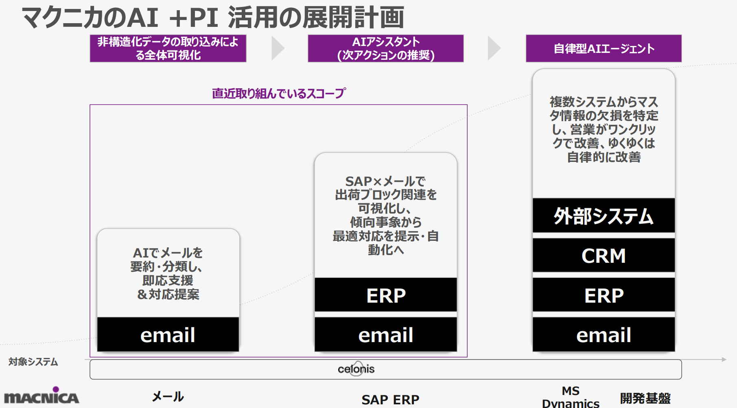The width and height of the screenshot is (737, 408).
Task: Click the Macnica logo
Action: [42, 395]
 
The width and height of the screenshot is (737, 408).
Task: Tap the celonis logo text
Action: [356, 369]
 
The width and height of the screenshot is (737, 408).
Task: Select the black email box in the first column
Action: [168, 334]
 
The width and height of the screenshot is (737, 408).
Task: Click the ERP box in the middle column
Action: [386, 295]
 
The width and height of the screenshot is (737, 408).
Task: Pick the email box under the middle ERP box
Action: [386, 334]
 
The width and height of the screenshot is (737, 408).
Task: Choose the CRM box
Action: [604, 255]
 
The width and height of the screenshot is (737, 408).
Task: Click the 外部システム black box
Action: [604, 215]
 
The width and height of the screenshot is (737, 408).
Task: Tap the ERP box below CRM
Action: [604, 295]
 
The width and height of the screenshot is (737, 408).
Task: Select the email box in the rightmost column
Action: [604, 334]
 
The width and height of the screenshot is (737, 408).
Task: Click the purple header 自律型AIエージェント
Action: [604, 48]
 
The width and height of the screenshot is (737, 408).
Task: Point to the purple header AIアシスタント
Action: [386, 48]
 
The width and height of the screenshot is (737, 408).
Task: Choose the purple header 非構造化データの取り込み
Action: [168, 48]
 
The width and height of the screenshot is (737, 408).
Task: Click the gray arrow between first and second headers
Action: [278, 48]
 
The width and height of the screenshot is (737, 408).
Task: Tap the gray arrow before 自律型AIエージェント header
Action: [494, 48]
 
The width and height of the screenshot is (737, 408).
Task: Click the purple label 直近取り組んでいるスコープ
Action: [279, 94]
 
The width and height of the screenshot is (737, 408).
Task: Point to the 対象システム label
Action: [33, 362]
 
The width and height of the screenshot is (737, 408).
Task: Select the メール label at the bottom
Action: [168, 396]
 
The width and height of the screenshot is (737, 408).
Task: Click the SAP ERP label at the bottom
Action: [390, 399]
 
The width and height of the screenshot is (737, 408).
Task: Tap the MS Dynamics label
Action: [571, 397]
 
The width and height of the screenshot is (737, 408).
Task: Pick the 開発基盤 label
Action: [645, 398]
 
